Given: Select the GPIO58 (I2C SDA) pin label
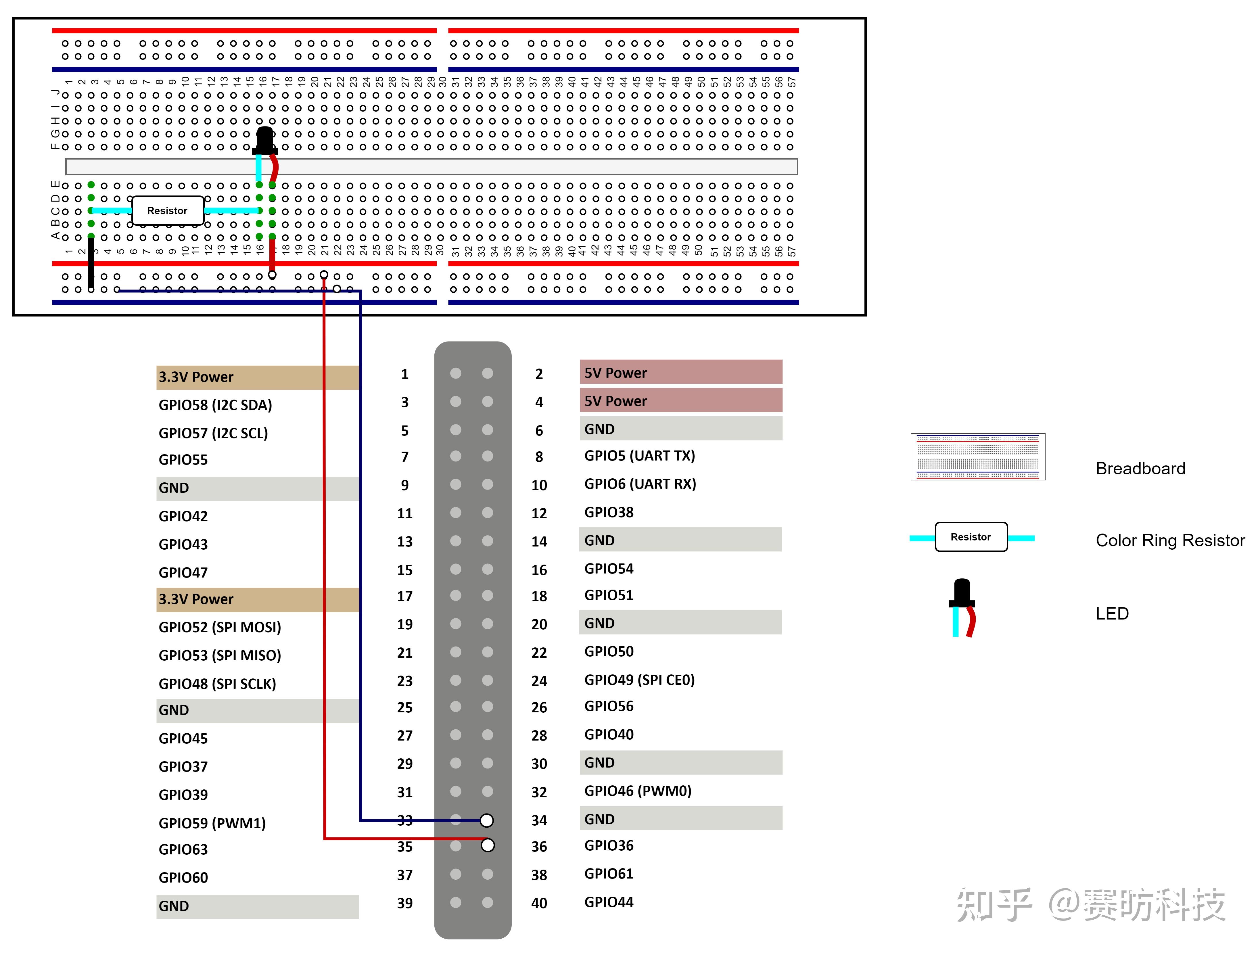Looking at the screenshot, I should pyautogui.click(x=215, y=405).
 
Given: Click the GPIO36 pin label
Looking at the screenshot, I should pyautogui.click(x=609, y=846).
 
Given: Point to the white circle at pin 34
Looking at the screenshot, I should pyautogui.click(x=487, y=820).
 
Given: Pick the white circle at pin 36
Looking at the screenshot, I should pyautogui.click(x=487, y=845).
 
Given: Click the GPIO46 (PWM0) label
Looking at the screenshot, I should pyautogui.click(x=638, y=791).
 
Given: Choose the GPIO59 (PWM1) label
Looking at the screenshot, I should pyautogui.click(x=212, y=823).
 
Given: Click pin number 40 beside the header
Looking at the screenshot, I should pyautogui.click(x=538, y=903).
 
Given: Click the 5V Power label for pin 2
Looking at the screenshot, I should pyautogui.click(x=615, y=373).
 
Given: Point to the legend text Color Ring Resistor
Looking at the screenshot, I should pyautogui.click(x=1170, y=540).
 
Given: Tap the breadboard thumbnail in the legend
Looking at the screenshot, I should pyautogui.click(x=978, y=457).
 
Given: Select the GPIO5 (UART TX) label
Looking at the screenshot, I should pyautogui.click(x=639, y=456).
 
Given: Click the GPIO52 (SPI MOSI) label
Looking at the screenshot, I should pyautogui.click(x=220, y=627).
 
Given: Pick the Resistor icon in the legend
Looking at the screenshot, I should pyautogui.click(x=971, y=537).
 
